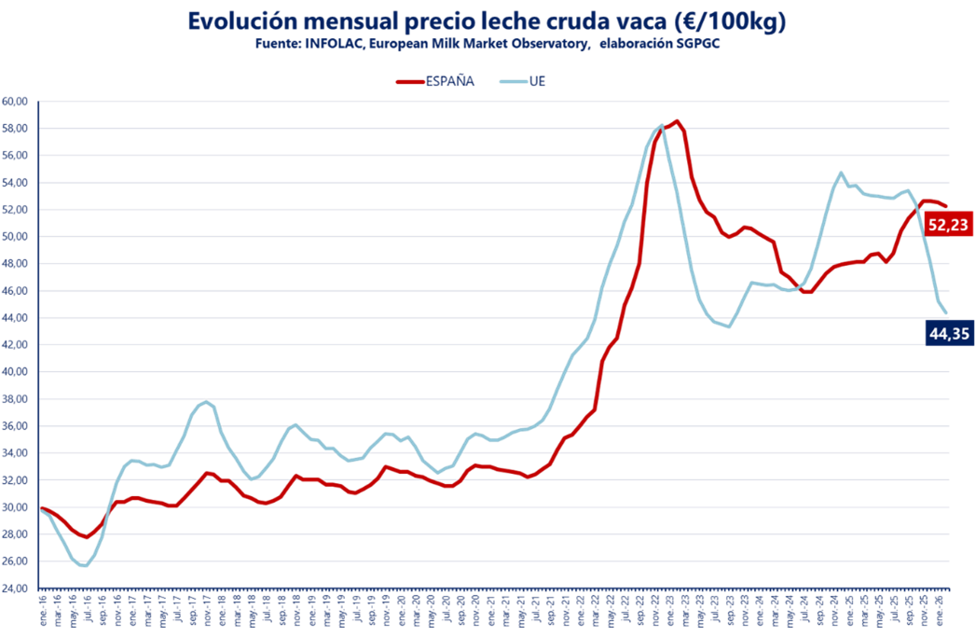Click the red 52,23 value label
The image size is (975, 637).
[x=949, y=224]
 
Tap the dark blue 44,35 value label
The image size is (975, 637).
[x=949, y=333]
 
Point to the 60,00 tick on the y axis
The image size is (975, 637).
[x=16, y=101]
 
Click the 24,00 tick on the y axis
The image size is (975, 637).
[x=16, y=589]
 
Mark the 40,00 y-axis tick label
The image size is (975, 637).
[x=16, y=372]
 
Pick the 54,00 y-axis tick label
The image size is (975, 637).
[x=16, y=182]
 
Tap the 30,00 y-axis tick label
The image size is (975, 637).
[x=16, y=507]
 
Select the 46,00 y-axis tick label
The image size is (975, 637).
[x=16, y=291]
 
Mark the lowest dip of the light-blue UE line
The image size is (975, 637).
[x=85, y=565]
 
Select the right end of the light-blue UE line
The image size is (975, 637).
[x=947, y=312]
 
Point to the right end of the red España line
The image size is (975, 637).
[x=947, y=206]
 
